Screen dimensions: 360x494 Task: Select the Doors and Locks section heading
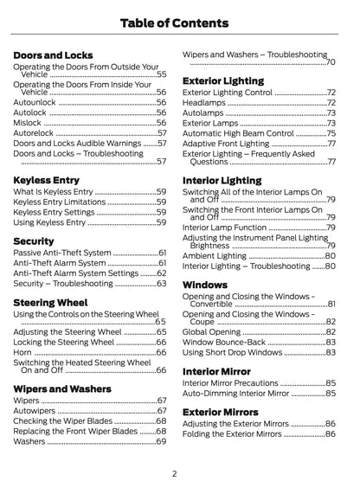53,55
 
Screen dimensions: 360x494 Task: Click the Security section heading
34,241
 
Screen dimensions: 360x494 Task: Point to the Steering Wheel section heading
50,303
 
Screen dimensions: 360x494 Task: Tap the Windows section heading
205,284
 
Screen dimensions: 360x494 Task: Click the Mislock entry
29,123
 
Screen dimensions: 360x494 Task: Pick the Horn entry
23,353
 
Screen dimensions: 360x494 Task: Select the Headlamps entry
205,102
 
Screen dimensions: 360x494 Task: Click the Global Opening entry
212,331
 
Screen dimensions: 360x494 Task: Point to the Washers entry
30,441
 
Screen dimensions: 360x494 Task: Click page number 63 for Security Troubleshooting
161,283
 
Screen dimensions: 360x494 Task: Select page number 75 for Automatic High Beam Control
331,133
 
